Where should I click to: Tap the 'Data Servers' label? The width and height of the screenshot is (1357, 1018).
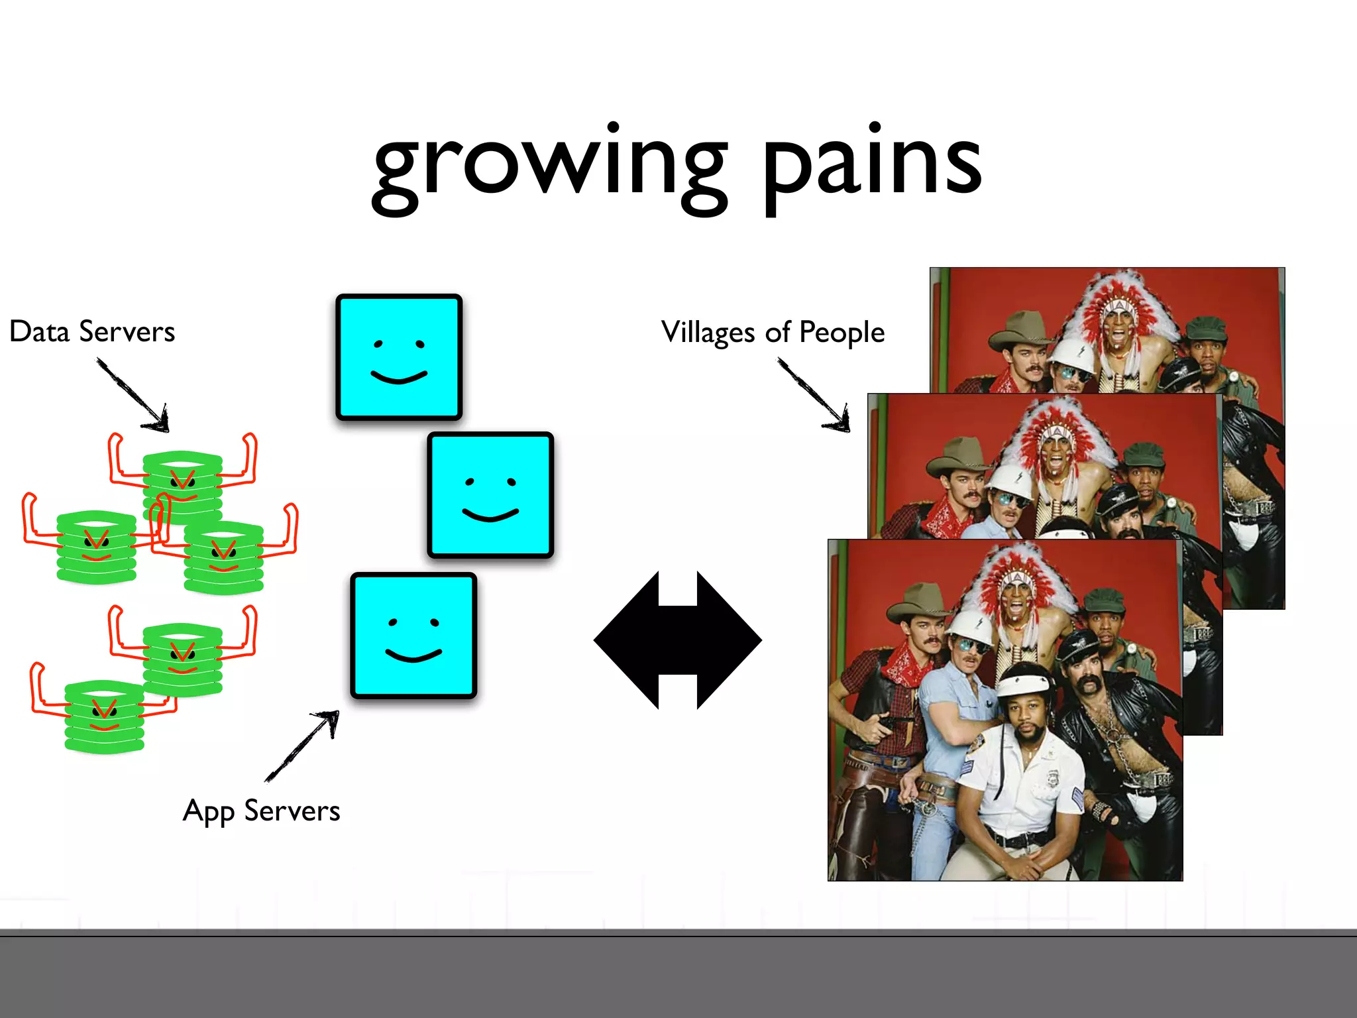click(x=92, y=331)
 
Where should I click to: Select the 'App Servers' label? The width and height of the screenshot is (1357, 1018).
click(x=261, y=811)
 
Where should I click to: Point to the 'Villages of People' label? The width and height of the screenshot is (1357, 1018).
click(x=773, y=332)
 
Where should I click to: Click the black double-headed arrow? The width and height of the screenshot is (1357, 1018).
click(x=677, y=640)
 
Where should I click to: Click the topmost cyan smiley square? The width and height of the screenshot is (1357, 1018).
click(x=399, y=357)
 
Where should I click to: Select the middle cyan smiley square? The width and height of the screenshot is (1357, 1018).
click(x=490, y=495)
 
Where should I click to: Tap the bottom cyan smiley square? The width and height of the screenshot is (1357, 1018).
click(x=413, y=635)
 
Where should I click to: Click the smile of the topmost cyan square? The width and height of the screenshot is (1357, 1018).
click(x=399, y=378)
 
